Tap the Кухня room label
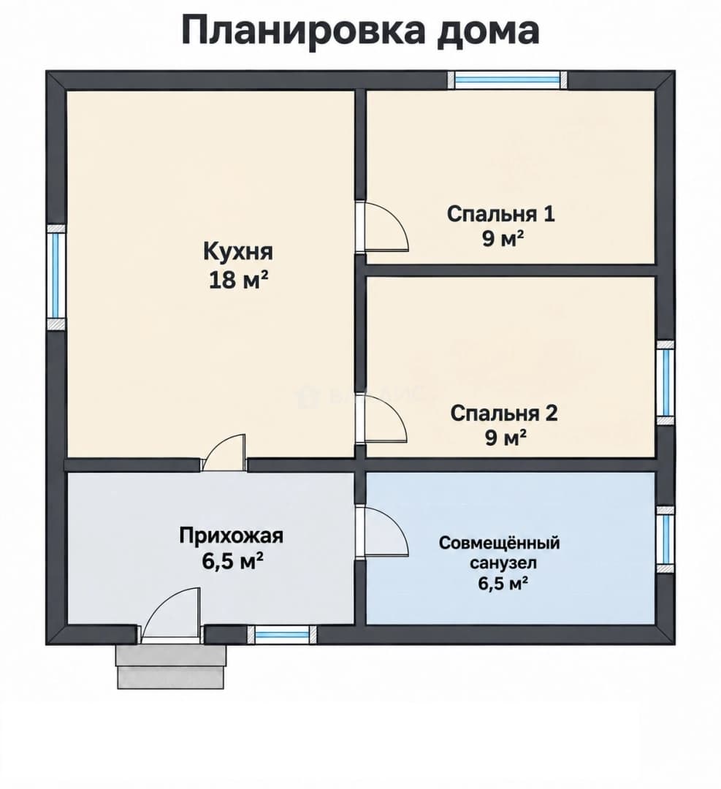coord(238,251)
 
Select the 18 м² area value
coord(238,280)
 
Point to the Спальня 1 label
coord(501,214)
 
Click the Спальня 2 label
coord(504,413)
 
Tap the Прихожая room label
coord(232,535)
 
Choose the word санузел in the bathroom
coord(503,563)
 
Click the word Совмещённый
coord(500,543)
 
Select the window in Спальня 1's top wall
coord(508,80)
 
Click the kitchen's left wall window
coord(56,277)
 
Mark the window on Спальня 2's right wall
coord(665,383)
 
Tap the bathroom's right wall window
coord(665,539)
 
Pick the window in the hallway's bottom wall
coord(281,634)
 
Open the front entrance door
coord(170,616)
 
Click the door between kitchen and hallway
coord(224,453)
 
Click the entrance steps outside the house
coord(170,666)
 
